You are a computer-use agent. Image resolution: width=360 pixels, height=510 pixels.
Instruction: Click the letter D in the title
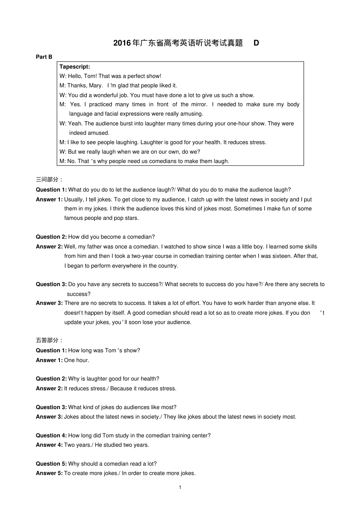click(256, 43)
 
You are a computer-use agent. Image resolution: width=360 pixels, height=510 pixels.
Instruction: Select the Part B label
click(44, 57)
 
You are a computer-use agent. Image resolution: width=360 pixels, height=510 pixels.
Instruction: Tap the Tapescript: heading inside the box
click(75, 67)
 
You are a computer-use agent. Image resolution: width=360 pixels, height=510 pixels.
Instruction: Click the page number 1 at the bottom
click(180, 487)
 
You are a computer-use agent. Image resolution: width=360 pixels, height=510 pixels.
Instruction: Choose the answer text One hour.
click(77, 360)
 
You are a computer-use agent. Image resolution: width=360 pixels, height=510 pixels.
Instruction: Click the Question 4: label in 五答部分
click(51, 436)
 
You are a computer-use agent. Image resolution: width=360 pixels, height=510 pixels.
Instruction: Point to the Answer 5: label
click(49, 473)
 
